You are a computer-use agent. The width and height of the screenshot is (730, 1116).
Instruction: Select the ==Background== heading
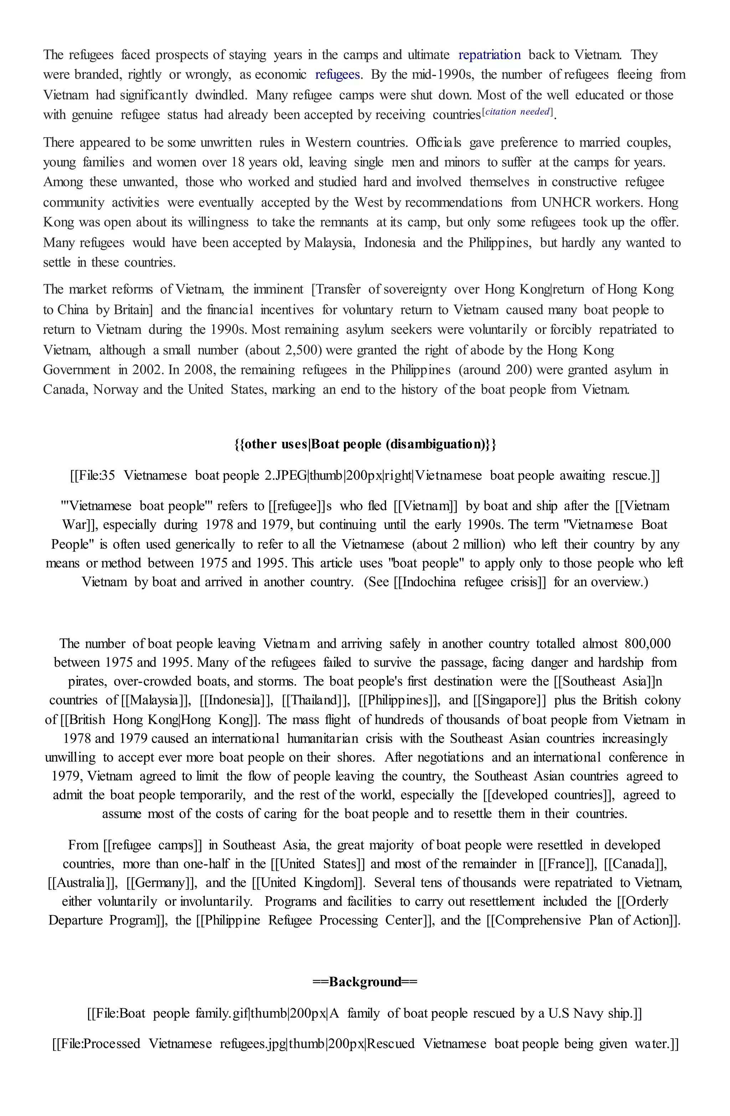(x=365, y=982)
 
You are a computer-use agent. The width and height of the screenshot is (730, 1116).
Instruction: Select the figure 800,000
(x=648, y=644)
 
